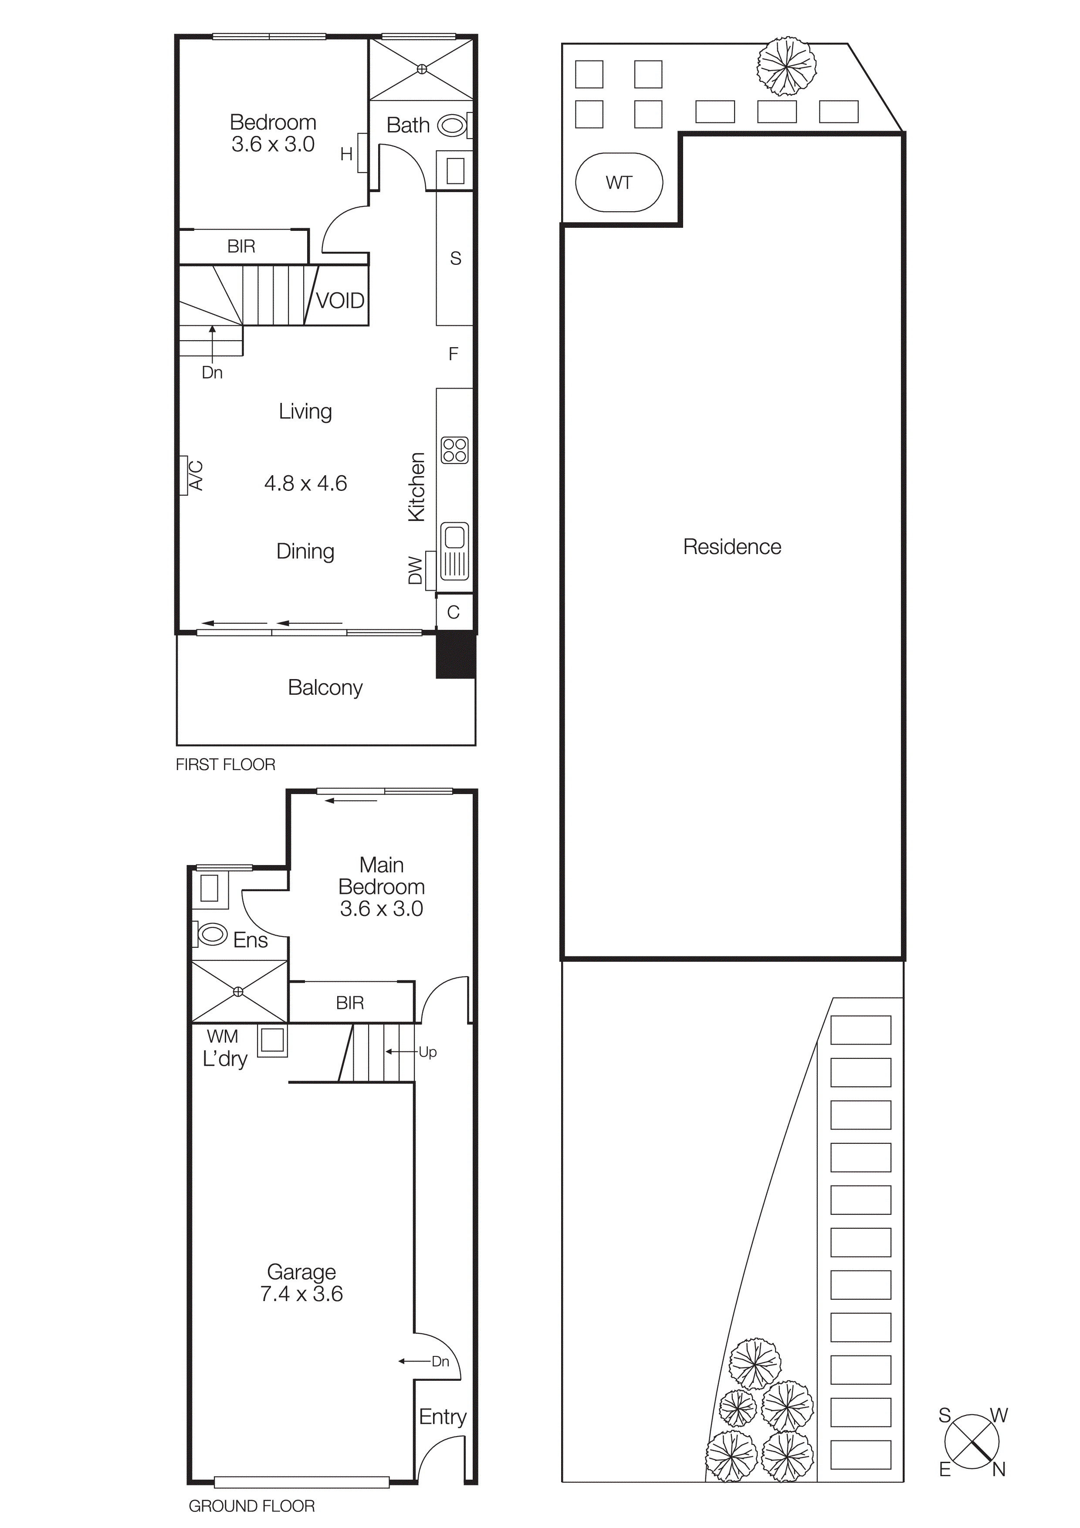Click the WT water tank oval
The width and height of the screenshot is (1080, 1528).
[x=618, y=183]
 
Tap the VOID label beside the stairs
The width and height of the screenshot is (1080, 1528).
[x=340, y=301]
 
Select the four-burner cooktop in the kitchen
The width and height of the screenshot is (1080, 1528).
[x=454, y=450]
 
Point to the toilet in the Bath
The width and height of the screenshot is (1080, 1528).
[x=452, y=125]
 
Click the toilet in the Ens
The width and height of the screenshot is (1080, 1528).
[x=212, y=934]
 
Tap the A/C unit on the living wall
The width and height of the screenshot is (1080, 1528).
[x=184, y=475]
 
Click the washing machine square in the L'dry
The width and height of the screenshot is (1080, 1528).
[x=272, y=1040]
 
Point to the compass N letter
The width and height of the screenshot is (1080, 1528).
[x=998, y=1470]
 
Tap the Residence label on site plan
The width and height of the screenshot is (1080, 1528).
[x=732, y=547]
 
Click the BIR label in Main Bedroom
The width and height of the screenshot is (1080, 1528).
[x=349, y=1003]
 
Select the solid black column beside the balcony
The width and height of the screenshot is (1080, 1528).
[x=455, y=655]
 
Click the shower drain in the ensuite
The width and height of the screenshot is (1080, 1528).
[x=238, y=992]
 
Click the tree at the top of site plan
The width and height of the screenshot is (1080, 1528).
[x=786, y=66]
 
